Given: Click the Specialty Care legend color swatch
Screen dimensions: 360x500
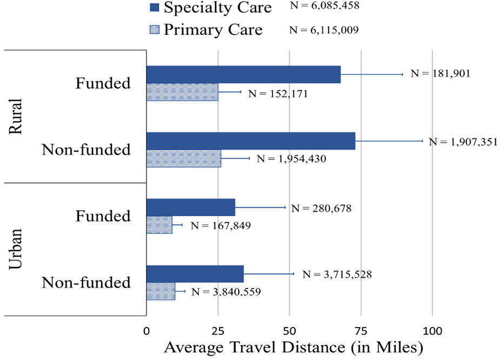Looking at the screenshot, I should tap(154, 8).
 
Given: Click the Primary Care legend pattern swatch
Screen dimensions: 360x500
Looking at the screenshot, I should tap(154, 30).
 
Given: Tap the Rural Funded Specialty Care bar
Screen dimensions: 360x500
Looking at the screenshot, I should tap(243, 75).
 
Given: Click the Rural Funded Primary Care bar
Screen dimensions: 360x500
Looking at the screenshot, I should tap(182, 92).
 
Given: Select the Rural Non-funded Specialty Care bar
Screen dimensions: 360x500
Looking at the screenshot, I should tap(251, 141).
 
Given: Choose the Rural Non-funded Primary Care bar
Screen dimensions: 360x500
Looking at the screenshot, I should tap(184, 158).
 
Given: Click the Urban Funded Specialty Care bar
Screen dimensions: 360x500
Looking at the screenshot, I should tap(190, 207).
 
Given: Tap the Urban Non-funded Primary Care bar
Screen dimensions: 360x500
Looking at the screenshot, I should tap(161, 291).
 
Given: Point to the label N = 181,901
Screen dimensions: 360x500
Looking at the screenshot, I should tap(441, 74).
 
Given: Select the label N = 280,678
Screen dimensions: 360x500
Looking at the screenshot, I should tap(321, 208).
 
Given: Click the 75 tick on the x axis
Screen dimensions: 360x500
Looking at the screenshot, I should tap(361, 330).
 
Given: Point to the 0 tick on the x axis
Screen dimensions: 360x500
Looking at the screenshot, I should tap(146, 330).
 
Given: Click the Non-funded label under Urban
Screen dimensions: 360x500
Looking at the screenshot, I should tap(86, 282).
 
